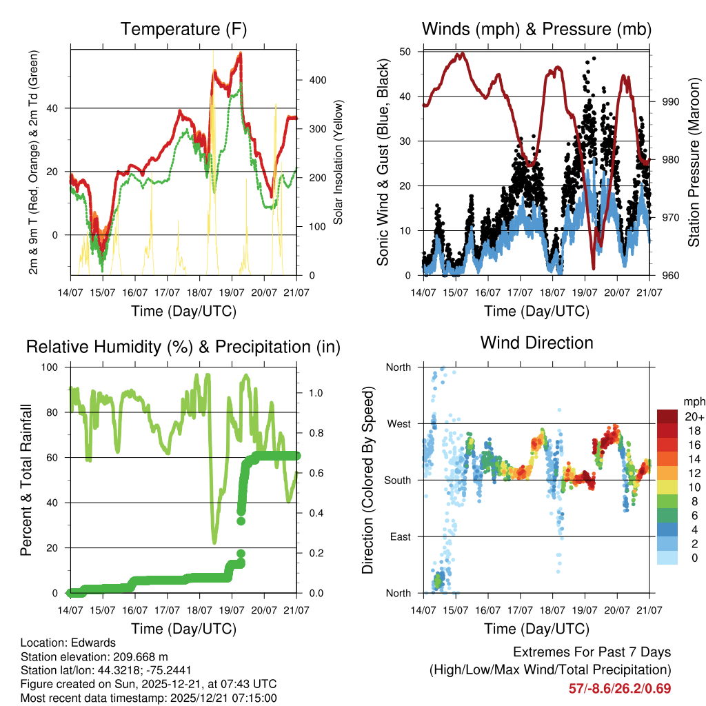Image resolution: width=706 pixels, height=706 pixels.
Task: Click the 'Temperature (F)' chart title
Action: click(183, 30)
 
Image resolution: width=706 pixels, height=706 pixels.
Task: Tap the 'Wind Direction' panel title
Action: click(536, 343)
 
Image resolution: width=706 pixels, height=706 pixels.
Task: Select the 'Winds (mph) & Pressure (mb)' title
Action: click(536, 30)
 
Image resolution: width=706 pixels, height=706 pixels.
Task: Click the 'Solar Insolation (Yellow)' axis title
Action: click(338, 163)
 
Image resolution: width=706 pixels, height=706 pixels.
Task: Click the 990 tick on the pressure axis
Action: click(671, 102)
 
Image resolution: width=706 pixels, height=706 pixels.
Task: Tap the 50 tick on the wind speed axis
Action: click(406, 52)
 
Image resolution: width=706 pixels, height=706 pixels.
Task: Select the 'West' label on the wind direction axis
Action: click(398, 423)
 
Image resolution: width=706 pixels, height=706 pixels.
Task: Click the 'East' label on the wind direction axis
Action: click(399, 536)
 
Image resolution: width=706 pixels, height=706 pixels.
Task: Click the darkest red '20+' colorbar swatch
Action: click(667, 416)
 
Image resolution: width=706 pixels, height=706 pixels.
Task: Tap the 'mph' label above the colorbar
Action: click(692, 401)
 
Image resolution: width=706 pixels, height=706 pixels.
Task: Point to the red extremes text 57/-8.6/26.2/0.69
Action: click(619, 688)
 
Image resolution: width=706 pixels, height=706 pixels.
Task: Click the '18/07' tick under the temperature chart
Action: click(199, 293)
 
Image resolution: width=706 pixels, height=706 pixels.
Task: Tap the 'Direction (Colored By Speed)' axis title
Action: click(368, 479)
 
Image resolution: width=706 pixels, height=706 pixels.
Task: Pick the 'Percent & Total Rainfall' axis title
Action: click(26, 481)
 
